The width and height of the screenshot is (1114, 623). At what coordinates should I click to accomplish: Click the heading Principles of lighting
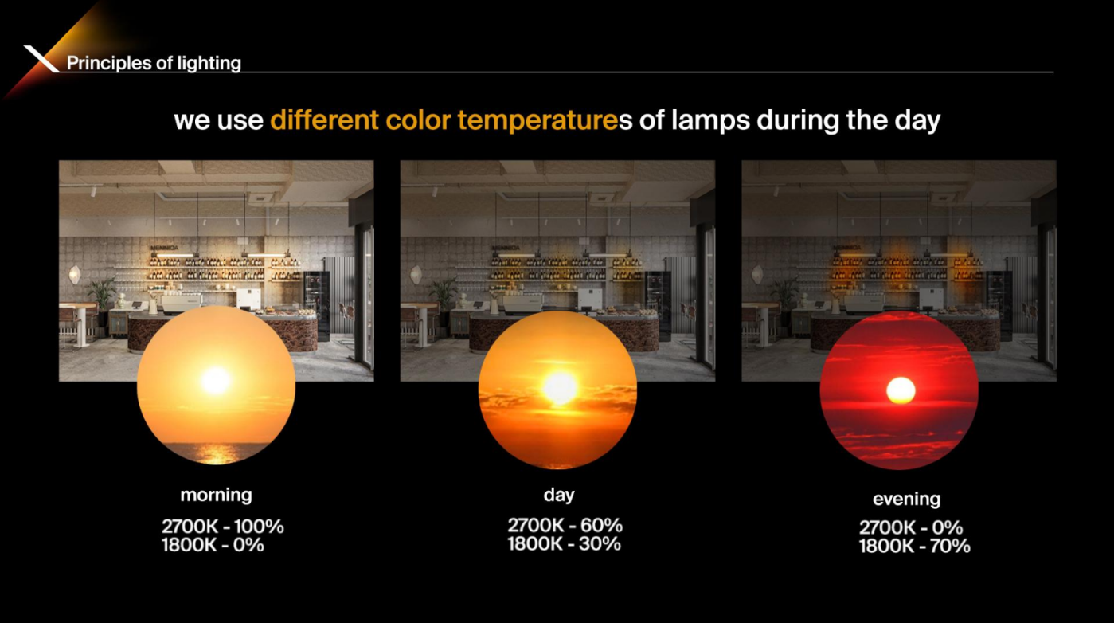[154, 63]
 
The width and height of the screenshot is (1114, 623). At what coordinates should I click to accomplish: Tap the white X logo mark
[41, 58]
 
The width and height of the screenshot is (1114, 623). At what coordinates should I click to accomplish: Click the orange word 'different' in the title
[324, 120]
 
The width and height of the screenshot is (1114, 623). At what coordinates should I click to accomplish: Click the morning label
[217, 495]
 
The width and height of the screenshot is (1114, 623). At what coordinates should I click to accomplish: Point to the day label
[559, 495]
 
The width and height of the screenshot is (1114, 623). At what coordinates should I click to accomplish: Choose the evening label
[907, 499]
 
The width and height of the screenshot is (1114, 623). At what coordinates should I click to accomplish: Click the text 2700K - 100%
[223, 527]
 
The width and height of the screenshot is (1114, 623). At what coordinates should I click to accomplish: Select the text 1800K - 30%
[565, 544]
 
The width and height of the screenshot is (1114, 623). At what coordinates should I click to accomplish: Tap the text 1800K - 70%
[915, 547]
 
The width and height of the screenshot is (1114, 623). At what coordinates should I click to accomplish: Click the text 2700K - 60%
[565, 526]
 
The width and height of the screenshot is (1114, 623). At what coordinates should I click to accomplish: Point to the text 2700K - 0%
[911, 527]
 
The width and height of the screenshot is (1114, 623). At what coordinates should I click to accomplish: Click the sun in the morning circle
[216, 381]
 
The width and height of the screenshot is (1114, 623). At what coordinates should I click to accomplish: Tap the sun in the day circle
[560, 389]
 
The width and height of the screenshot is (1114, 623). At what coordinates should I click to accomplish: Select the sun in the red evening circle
[901, 390]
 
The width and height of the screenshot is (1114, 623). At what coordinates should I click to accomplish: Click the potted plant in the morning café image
[102, 295]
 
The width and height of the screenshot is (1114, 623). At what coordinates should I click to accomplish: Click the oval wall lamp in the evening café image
[757, 274]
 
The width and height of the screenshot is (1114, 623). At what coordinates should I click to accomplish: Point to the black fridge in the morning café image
[317, 306]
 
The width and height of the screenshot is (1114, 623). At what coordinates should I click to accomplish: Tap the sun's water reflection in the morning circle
[217, 453]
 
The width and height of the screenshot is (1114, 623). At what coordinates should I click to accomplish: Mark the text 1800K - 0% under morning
[213, 545]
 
